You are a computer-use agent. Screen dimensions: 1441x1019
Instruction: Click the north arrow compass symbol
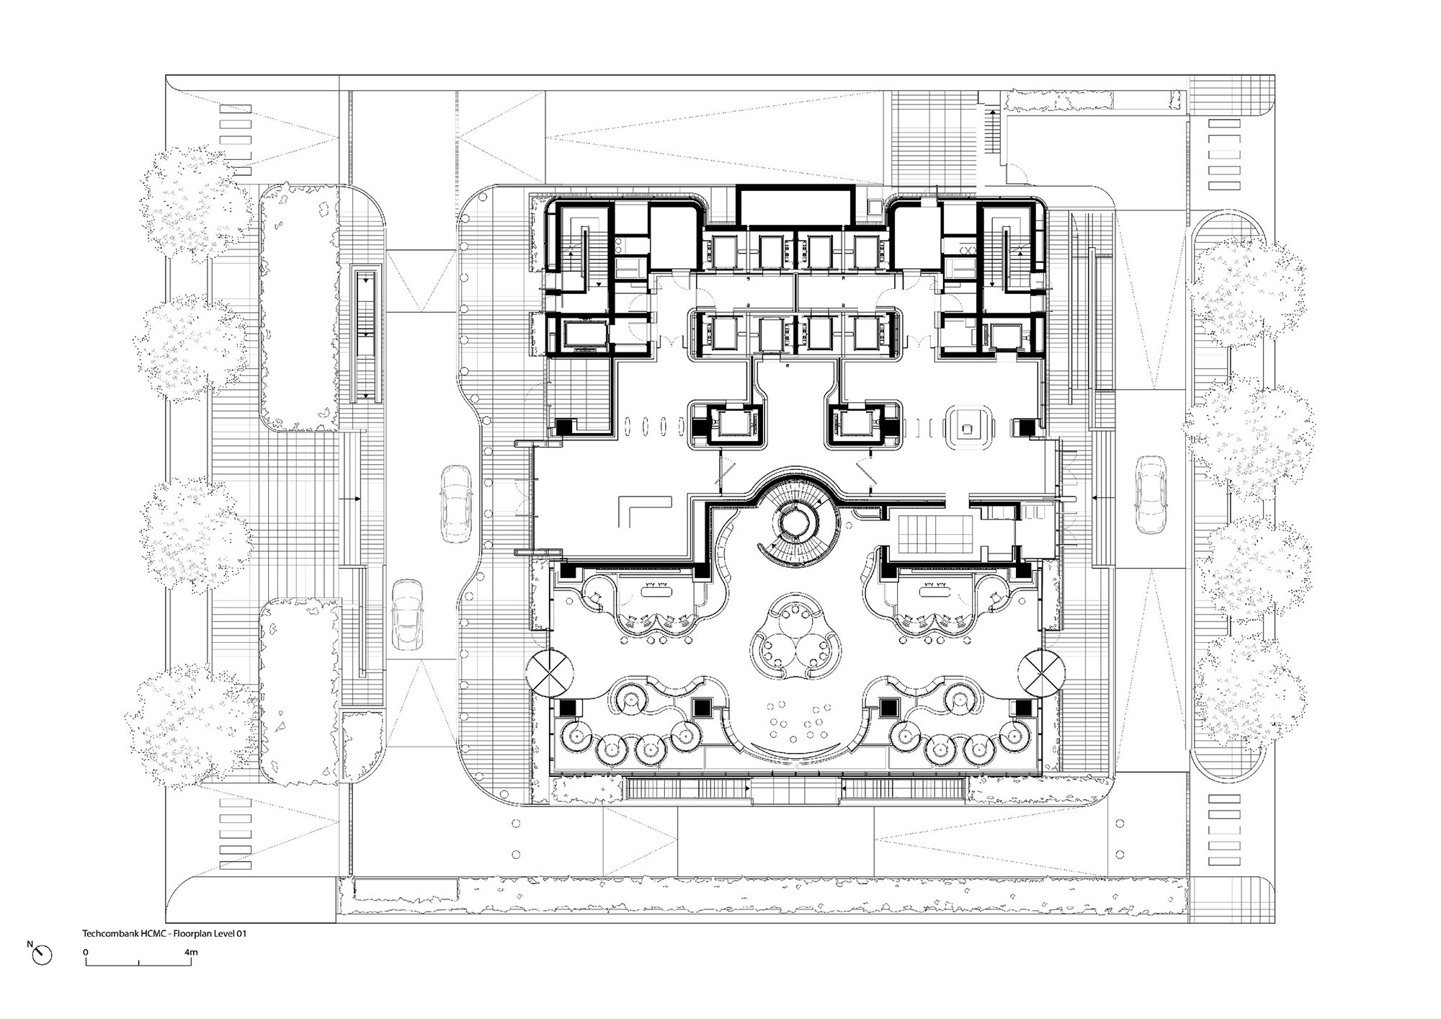43,955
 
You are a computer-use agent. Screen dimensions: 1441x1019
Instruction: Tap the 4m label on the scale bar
191,952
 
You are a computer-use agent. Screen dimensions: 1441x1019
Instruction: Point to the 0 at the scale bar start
86,952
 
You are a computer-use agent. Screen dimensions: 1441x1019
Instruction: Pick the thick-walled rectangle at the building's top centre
795,207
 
